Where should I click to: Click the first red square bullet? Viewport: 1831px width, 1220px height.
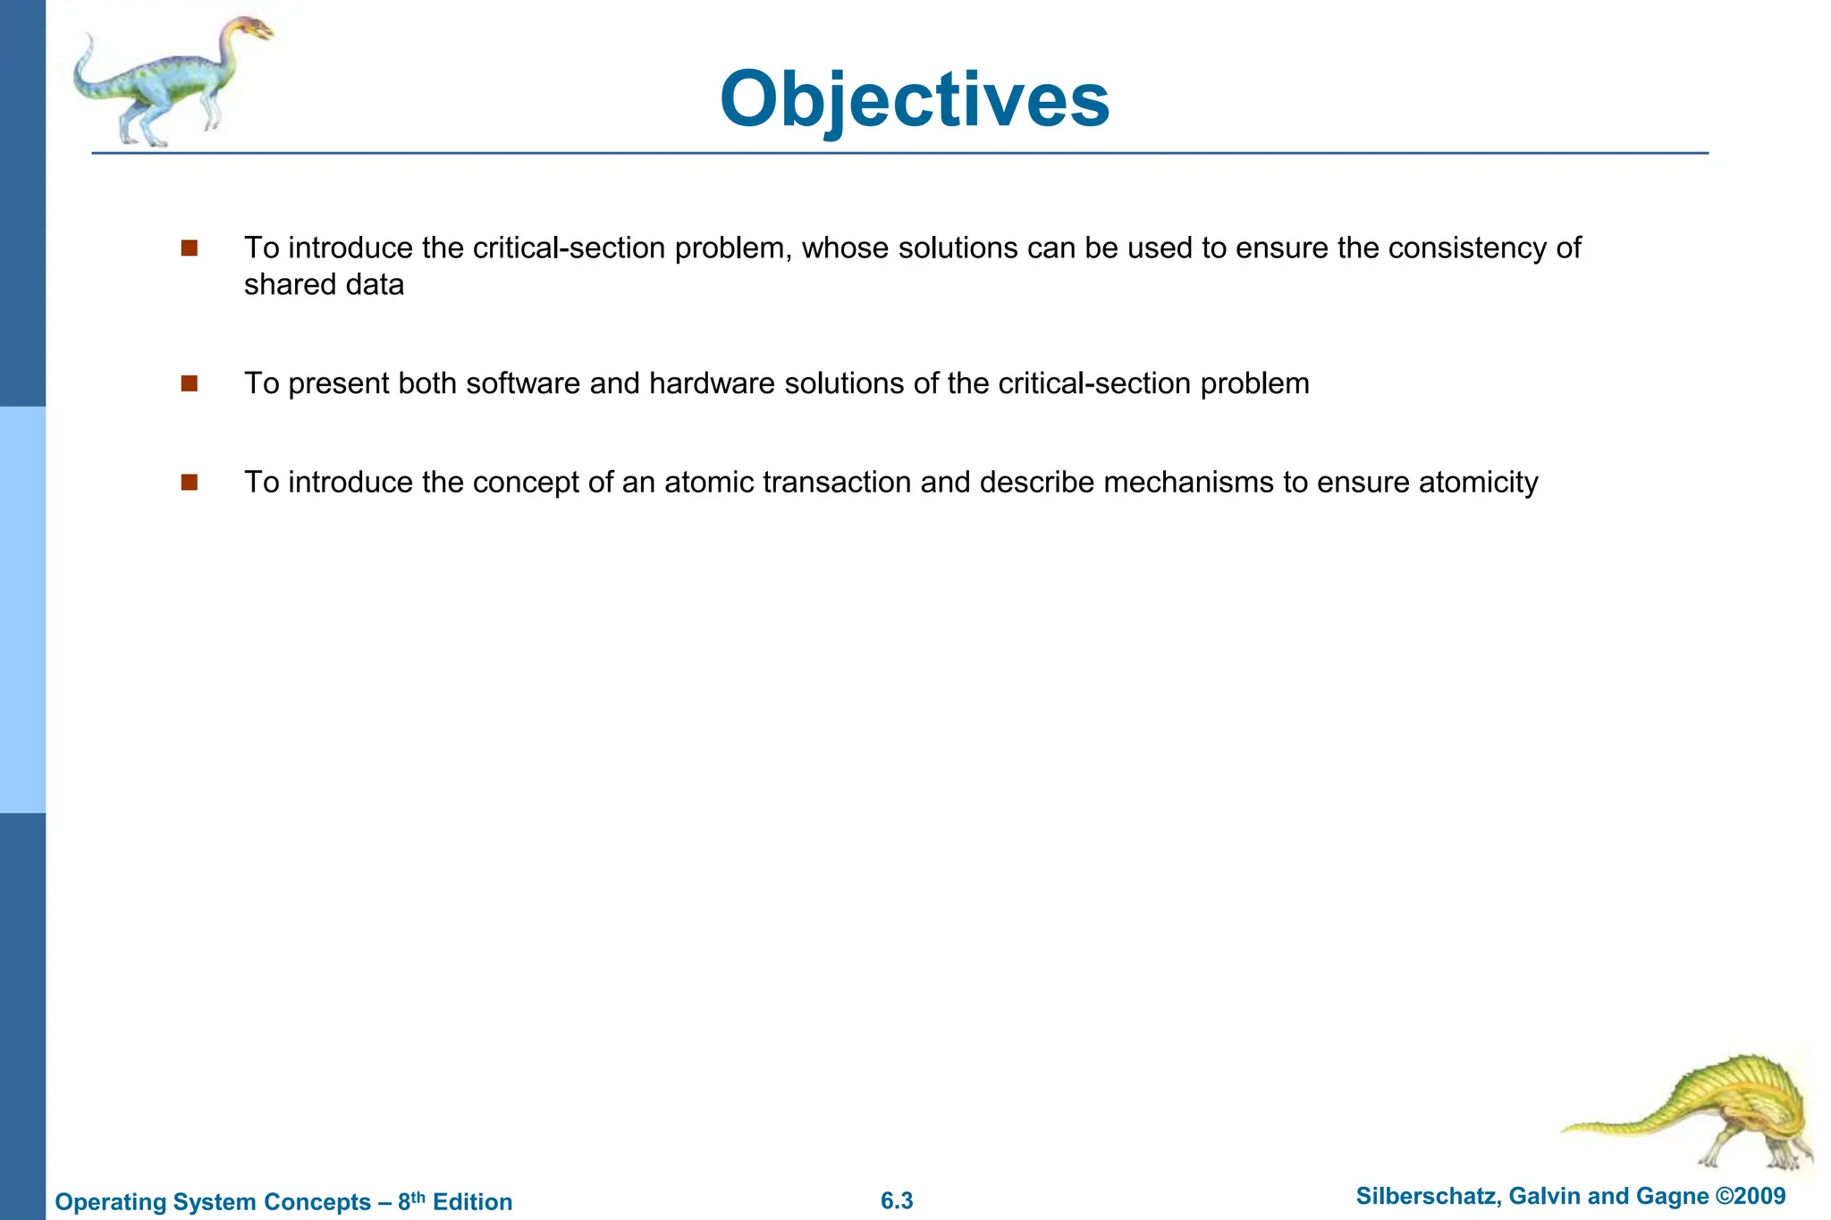pyautogui.click(x=189, y=248)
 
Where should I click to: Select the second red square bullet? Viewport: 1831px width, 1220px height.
pyautogui.click(x=189, y=383)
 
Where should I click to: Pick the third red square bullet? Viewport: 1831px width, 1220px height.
pyautogui.click(x=189, y=483)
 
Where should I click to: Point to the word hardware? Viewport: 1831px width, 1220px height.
pyautogui.click(x=712, y=383)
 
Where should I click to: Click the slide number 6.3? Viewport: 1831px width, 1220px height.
pyautogui.click(x=897, y=1201)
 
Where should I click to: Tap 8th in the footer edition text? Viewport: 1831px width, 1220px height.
pyautogui.click(x=410, y=1201)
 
